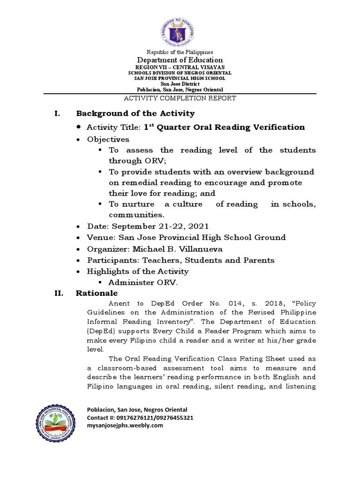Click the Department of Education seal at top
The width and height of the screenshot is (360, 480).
click(x=180, y=28)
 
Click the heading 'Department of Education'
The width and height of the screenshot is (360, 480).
click(x=180, y=60)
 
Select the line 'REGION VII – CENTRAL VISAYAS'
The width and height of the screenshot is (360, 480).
click(x=180, y=67)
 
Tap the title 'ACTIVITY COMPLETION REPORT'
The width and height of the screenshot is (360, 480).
click(x=180, y=98)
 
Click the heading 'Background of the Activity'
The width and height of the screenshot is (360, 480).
click(x=135, y=113)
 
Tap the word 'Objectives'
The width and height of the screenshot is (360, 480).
click(x=108, y=139)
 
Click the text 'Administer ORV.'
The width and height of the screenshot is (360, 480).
click(x=143, y=282)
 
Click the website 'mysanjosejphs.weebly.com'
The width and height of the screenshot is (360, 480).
click(x=125, y=425)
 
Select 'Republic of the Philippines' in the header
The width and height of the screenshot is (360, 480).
click(x=180, y=52)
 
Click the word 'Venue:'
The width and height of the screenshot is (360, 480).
click(x=100, y=237)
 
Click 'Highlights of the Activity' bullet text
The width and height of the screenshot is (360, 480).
click(x=138, y=271)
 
